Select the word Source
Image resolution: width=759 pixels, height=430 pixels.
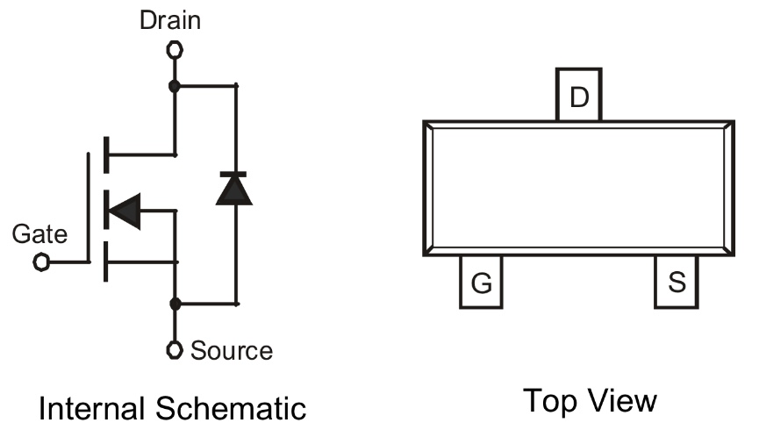coord(232,351)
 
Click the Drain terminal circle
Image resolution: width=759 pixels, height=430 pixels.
coord(175,49)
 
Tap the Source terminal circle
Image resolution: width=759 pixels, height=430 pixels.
coord(175,350)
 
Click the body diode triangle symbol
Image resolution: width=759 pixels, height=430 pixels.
coord(234,190)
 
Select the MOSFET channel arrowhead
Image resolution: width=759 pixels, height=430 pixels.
coord(124,210)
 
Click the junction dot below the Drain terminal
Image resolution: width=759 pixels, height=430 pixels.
coord(175,85)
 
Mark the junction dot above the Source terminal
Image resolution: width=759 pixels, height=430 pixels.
coord(175,304)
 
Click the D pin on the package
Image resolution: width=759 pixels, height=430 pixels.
coord(579,96)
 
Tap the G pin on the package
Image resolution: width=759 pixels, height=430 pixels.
coord(481,283)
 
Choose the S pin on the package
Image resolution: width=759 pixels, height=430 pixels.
coord(677,283)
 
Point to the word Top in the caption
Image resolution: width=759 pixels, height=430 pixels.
coord(548,401)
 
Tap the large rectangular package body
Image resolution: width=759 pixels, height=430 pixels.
coord(579,189)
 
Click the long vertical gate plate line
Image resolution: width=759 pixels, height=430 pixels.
coord(88,207)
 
